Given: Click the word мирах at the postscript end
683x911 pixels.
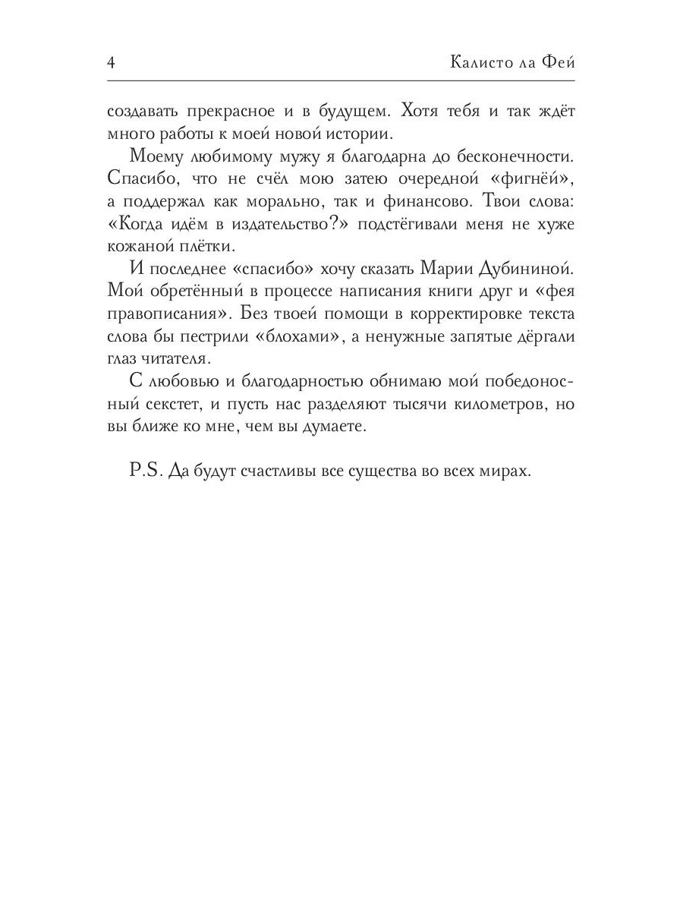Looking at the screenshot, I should point(505,471).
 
